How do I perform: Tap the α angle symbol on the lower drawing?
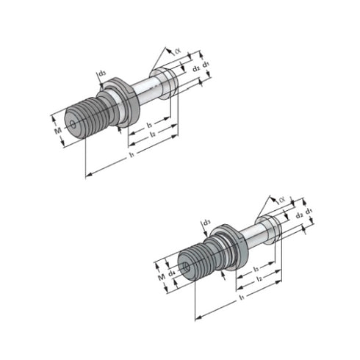point(282,198)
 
